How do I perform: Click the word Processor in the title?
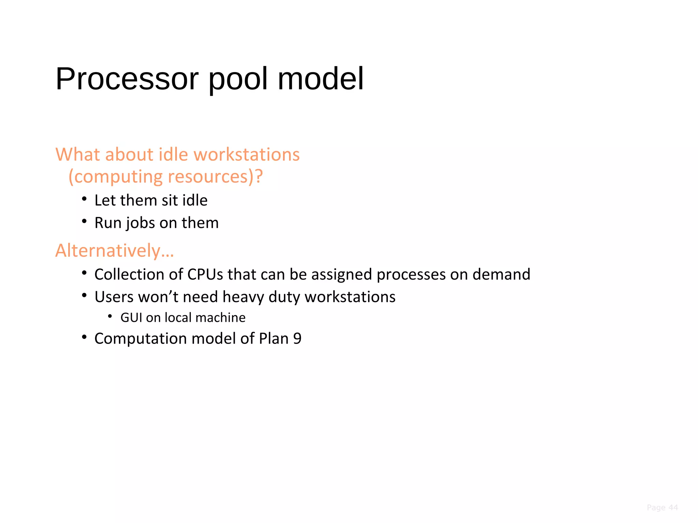(x=127, y=79)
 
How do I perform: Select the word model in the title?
(x=321, y=79)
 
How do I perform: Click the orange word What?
(x=78, y=155)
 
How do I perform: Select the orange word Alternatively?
(x=108, y=251)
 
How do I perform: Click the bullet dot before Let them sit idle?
(x=84, y=199)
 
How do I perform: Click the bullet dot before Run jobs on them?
(x=84, y=222)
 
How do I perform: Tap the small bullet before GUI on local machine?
(x=110, y=317)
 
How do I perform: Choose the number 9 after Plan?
(x=297, y=338)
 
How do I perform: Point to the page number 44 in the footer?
(x=673, y=508)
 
